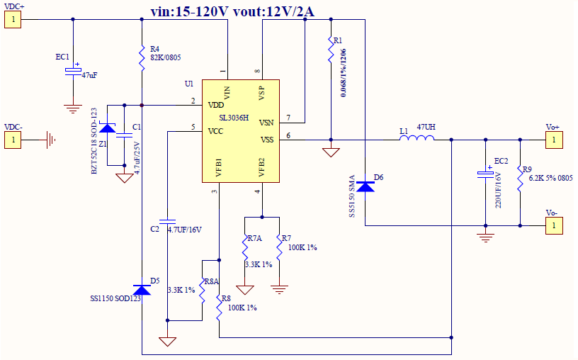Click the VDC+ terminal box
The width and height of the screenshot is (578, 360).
[13, 20]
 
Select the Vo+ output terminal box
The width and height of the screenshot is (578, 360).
[553, 140]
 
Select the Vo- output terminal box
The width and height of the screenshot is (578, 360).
[553, 226]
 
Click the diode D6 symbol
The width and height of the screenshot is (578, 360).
[365, 186]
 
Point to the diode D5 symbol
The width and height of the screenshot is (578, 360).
[142, 289]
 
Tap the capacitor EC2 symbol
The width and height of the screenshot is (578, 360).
[485, 173]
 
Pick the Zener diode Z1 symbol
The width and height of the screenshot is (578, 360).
[108, 128]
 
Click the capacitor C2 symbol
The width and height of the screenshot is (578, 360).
[167, 219]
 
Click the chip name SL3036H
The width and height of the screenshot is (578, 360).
[234, 118]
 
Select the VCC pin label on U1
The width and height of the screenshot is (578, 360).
[216, 131]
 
